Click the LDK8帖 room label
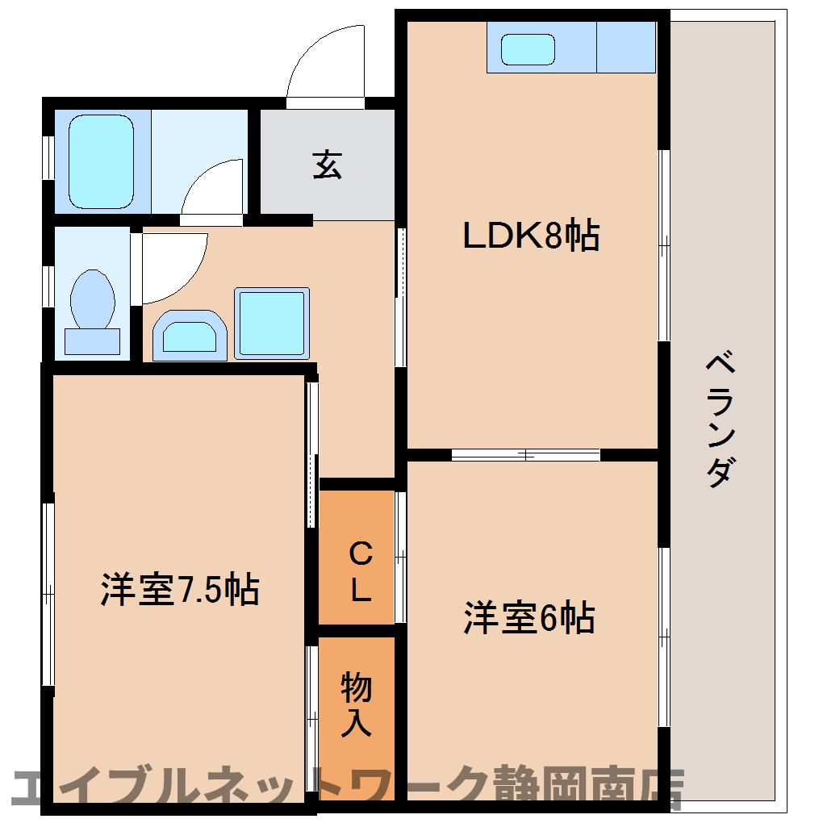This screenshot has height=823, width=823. (530, 235)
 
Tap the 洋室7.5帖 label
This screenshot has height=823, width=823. (179, 590)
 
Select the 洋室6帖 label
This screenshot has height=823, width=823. (528, 618)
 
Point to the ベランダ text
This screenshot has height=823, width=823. (720, 420)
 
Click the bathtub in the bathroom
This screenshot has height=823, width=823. (101, 161)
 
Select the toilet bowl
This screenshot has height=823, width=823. (92, 299)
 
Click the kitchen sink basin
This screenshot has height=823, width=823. (528, 50)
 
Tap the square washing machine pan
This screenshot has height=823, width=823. (272, 323)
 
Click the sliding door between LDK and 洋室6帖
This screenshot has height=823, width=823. (525, 455)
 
